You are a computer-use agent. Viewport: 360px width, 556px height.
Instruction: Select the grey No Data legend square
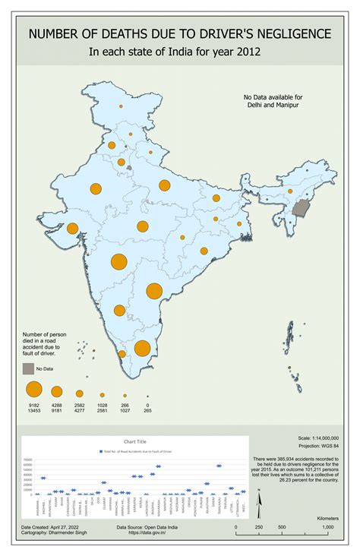pos(28,368)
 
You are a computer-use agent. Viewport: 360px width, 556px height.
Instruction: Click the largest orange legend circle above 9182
pos(34,390)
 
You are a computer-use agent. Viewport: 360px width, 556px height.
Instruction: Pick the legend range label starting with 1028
pos(102,409)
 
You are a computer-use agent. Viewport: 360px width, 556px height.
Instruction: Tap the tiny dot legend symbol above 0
pos(147,393)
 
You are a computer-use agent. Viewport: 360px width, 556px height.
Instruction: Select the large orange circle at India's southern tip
pos(142,348)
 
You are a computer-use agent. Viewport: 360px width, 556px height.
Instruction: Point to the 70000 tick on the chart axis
pos(28,460)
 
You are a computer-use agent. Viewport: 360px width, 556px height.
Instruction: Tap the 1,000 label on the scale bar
pos(327,526)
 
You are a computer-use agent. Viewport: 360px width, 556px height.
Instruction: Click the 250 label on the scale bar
pos(260,526)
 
